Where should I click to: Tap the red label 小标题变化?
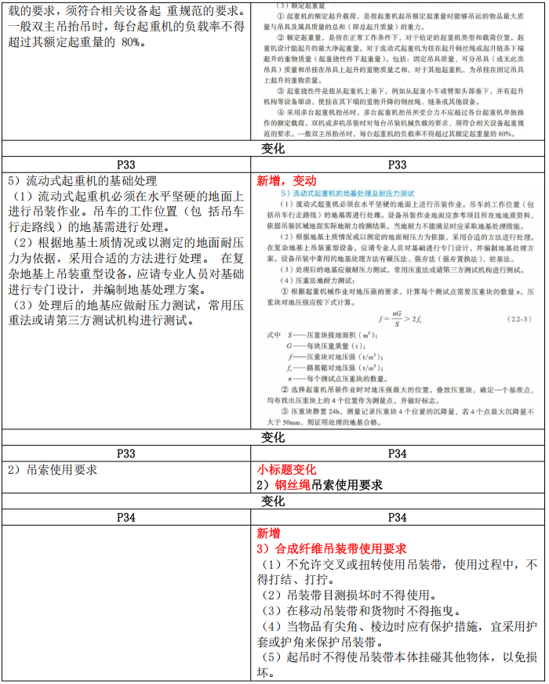pyautogui.click(x=286, y=469)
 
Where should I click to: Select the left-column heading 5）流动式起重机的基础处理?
pyautogui.click(x=81, y=180)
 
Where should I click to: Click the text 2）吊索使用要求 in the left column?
pyautogui.click(x=51, y=469)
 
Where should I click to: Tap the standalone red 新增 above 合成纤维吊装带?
pyautogui.click(x=268, y=532)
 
